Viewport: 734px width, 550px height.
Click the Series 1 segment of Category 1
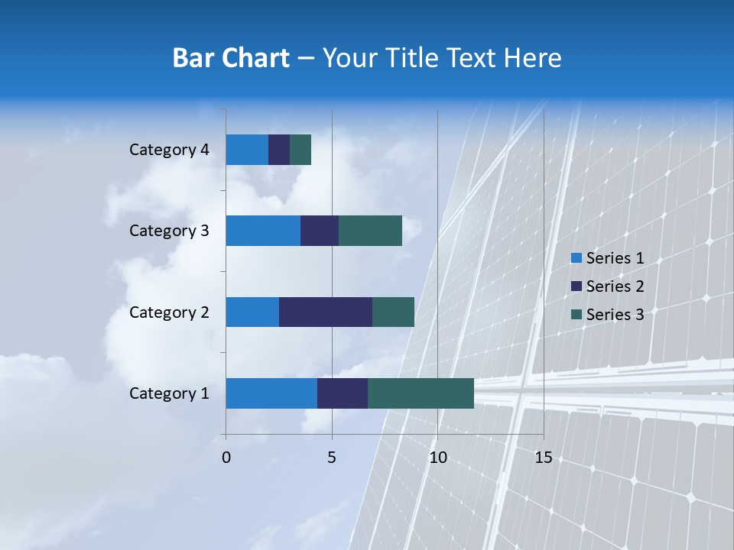coord(271,393)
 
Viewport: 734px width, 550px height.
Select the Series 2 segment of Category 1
coord(343,393)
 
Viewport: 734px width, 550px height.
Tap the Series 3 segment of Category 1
coord(421,393)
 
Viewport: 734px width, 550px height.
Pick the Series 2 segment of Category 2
coord(326,312)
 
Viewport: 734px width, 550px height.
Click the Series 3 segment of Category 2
coord(393,312)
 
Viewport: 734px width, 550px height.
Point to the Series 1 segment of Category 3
coord(263,231)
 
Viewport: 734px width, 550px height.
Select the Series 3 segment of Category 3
coord(370,231)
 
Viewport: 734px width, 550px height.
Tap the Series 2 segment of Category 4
coord(279,150)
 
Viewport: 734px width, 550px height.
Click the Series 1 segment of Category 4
coord(247,150)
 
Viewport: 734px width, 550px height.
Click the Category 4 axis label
coord(169,150)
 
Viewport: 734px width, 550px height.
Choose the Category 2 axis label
coord(169,312)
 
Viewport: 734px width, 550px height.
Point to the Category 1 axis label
coord(169,393)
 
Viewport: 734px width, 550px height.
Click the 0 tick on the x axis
coord(226,458)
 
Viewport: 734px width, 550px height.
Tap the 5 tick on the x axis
coord(332,458)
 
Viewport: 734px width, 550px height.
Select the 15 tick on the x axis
coord(543,458)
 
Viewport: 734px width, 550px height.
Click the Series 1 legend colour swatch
coord(576,258)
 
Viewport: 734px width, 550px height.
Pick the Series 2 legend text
coord(615,286)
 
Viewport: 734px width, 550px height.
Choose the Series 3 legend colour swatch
coord(576,315)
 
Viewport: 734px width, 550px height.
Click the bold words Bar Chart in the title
coord(231,58)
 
